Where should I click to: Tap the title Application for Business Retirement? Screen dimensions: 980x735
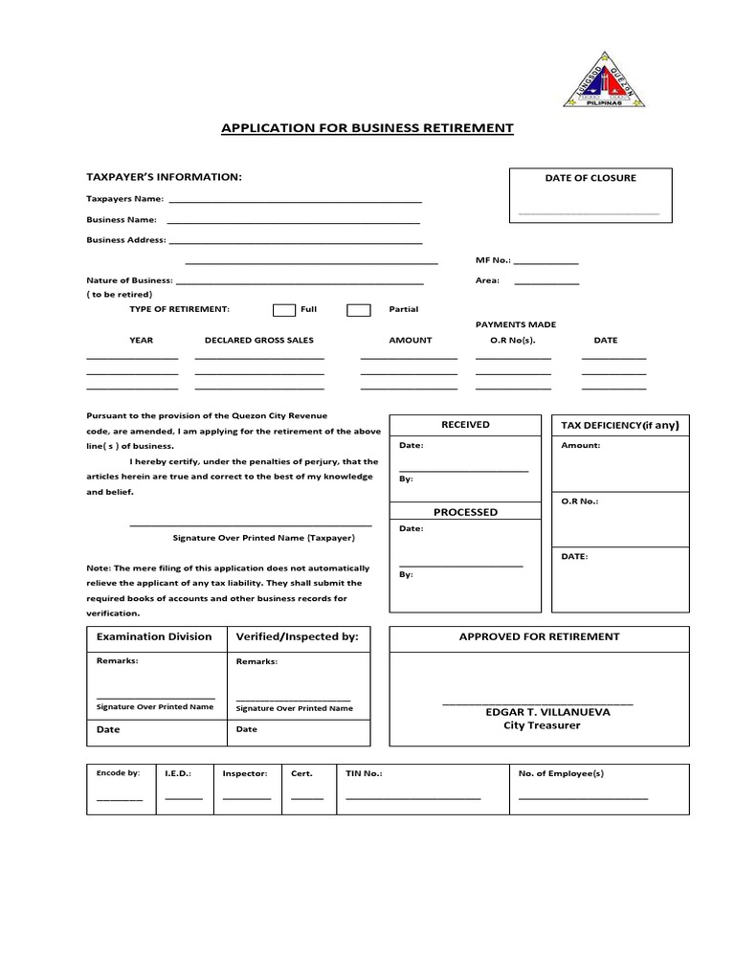(367, 127)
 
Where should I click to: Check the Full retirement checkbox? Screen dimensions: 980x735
(284, 310)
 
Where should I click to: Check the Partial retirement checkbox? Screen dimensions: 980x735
(358, 310)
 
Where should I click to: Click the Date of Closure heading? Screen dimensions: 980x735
(590, 178)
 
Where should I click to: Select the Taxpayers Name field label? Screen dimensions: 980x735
(125, 199)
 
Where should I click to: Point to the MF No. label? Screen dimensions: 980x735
(493, 259)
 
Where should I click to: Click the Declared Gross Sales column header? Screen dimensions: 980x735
(258, 340)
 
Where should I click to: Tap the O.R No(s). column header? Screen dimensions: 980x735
(506, 340)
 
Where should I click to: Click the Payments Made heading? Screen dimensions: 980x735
(516, 324)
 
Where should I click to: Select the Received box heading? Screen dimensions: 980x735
(465, 425)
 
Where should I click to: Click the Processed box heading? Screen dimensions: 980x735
(465, 512)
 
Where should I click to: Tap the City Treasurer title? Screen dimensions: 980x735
(542, 725)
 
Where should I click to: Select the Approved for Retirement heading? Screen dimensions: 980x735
(539, 636)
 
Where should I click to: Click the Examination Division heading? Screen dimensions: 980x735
(154, 636)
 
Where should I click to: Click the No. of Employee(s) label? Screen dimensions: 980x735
(561, 773)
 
